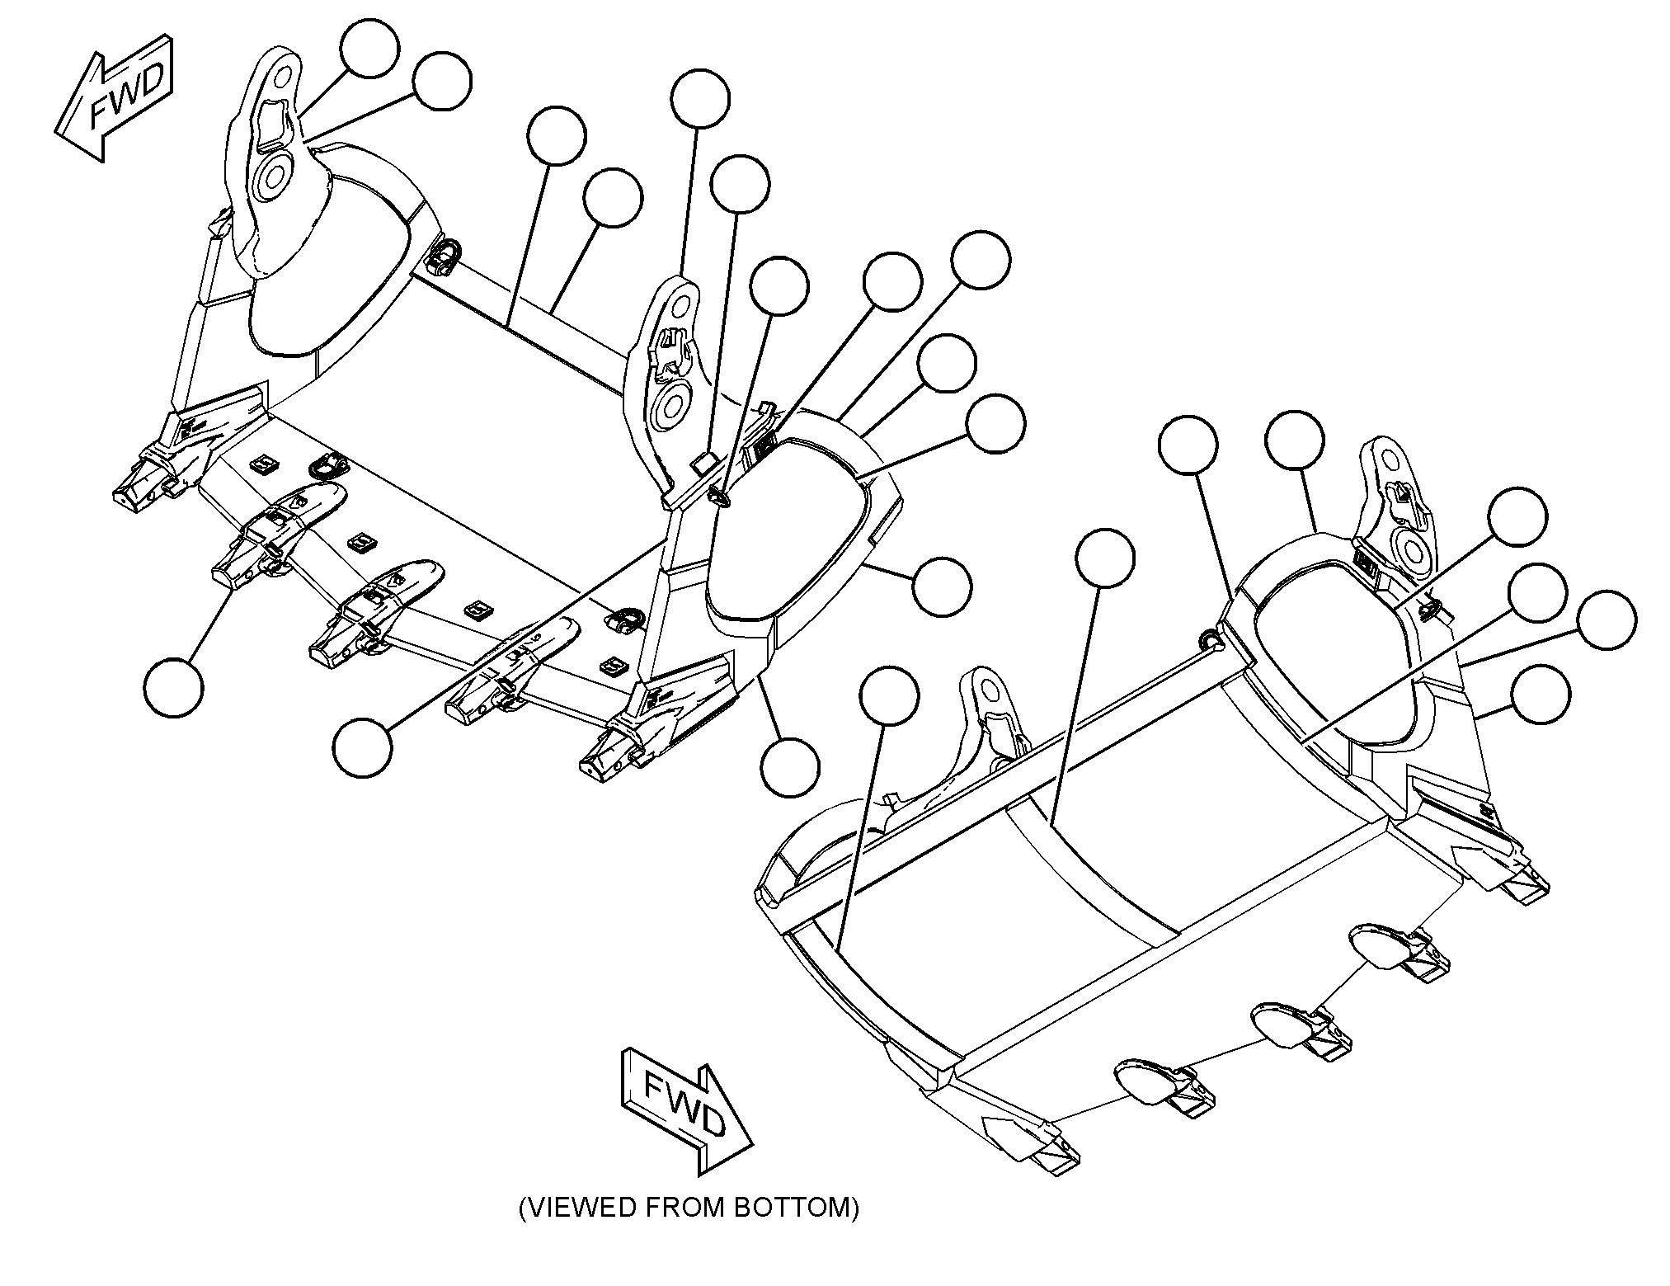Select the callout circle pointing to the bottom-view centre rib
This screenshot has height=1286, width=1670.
point(1106,558)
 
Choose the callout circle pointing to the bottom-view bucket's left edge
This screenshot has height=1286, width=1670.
point(888,696)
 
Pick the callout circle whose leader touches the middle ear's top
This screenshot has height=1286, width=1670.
point(700,99)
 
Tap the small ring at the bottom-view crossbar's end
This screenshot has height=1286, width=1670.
point(1208,638)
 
